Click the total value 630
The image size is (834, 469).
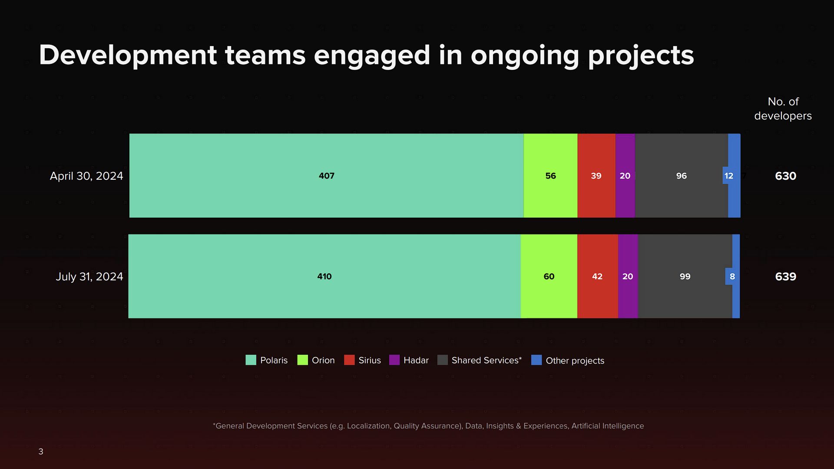[785, 176]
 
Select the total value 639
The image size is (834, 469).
[785, 277]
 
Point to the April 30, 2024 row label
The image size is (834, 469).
[86, 176]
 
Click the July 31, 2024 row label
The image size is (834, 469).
[89, 277]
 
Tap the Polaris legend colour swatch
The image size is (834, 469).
[251, 360]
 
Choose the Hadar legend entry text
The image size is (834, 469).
[416, 360]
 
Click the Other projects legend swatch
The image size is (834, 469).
[536, 360]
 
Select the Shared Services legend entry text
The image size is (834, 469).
[486, 360]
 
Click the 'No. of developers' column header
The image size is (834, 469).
[783, 109]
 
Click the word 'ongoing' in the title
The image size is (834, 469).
[525, 56]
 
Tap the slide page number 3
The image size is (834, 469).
[41, 452]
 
